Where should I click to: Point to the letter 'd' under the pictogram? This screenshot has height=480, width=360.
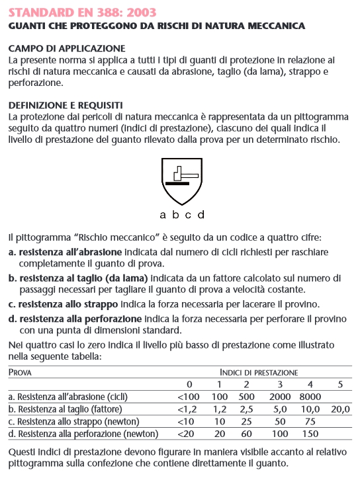[x=201, y=215]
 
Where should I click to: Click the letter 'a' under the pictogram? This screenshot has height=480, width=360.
[x=163, y=215]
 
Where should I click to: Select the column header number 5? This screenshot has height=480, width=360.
[x=340, y=385]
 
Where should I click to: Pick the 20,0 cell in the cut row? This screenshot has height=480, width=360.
[x=340, y=409]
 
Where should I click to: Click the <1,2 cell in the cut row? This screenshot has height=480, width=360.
[x=189, y=409]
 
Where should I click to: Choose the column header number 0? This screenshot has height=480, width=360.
[x=189, y=385]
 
